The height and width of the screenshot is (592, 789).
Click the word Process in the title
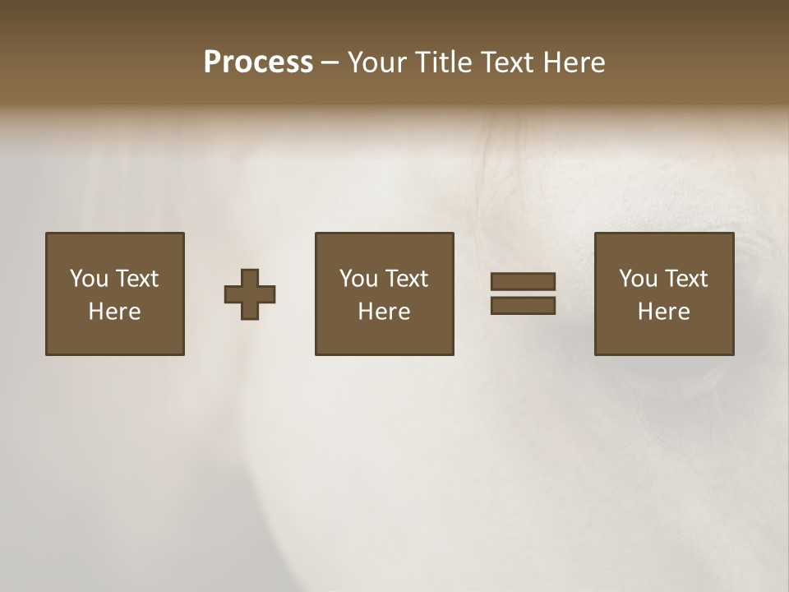tap(258, 62)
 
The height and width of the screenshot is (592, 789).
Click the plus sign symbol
tap(250, 294)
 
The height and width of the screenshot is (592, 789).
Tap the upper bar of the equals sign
tap(523, 281)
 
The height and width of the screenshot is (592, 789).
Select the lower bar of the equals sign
tap(523, 306)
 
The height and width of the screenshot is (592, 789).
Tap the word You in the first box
tap(88, 279)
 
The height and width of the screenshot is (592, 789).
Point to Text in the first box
tap(136, 279)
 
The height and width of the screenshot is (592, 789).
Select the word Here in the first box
tap(115, 312)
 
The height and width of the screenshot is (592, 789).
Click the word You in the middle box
tap(358, 279)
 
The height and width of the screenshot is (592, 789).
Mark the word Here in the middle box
tap(385, 312)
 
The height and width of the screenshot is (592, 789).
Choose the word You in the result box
tap(637, 279)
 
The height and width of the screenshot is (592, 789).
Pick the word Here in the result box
tap(664, 312)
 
